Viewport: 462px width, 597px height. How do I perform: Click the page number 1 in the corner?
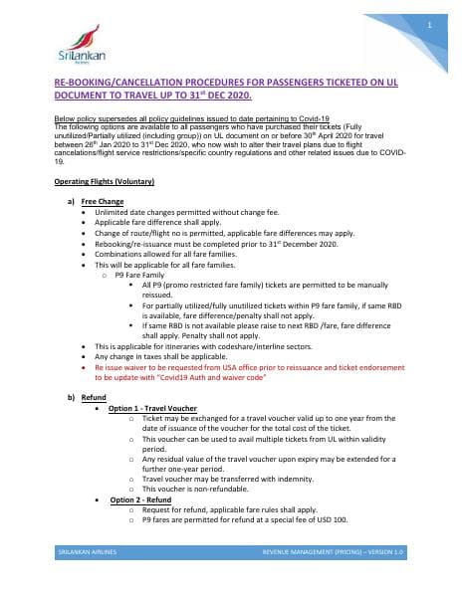(x=427, y=24)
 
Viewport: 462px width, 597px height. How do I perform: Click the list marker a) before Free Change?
(x=71, y=201)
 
